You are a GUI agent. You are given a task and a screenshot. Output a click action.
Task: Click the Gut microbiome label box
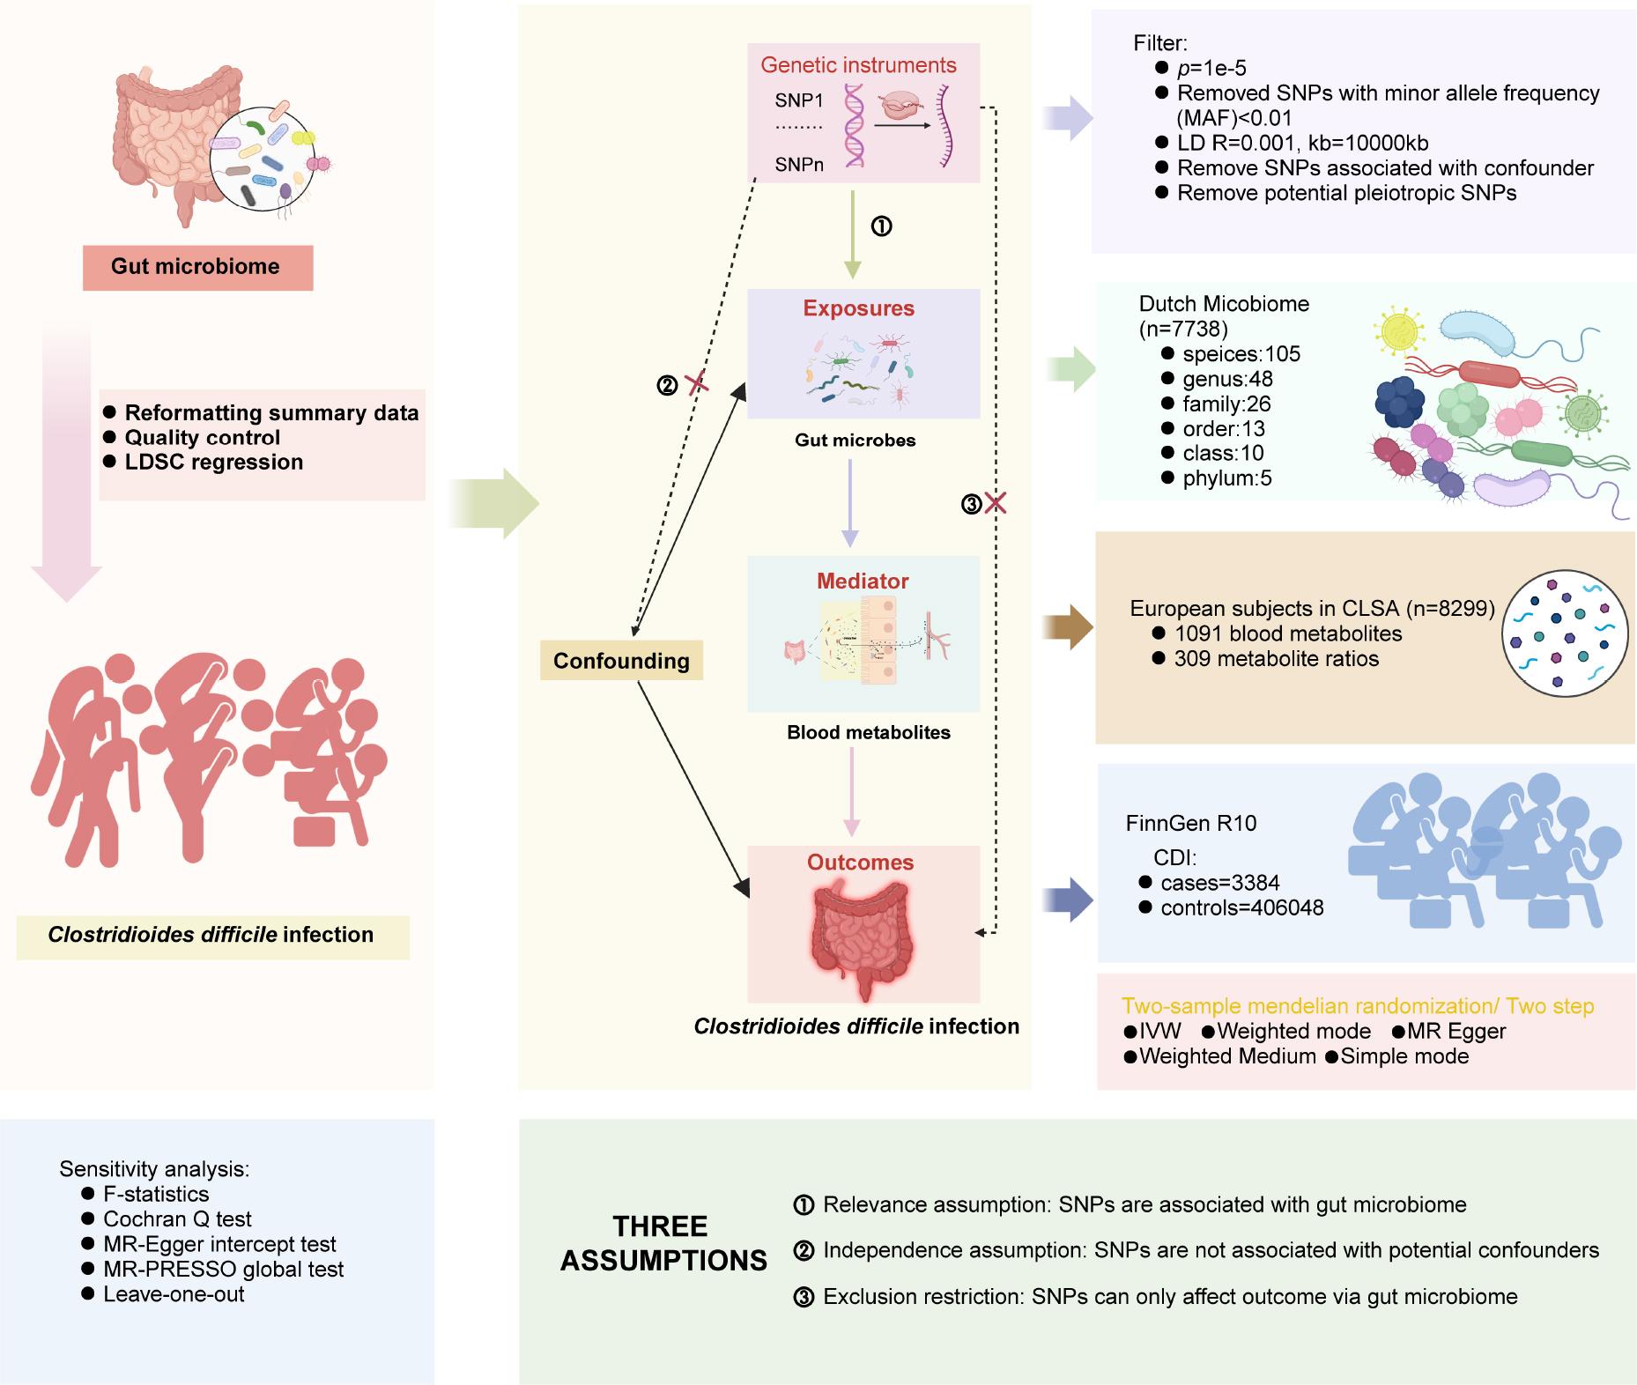197,267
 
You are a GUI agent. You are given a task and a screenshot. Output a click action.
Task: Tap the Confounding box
621,661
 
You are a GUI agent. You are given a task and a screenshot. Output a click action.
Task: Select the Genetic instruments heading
858,65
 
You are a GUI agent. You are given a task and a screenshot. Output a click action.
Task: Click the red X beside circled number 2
697,383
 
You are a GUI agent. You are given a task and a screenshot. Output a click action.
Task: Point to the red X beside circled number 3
996,504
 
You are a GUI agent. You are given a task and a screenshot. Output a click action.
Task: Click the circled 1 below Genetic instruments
881,226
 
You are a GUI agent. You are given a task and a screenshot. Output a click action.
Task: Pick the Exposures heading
858,308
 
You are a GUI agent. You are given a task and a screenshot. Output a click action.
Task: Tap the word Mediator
862,581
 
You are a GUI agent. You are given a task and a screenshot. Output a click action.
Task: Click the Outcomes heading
860,863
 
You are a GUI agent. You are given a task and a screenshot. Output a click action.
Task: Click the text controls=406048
1241,907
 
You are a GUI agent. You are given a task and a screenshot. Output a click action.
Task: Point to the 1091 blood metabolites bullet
1287,633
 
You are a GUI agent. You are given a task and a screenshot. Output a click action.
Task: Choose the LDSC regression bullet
213,463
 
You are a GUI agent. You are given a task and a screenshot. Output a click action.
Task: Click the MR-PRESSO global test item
223,1270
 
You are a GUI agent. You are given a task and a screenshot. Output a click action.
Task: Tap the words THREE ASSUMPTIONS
663,1243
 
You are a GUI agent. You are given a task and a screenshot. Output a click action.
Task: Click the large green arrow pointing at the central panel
495,504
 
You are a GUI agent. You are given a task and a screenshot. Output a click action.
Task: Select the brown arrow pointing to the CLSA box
1068,627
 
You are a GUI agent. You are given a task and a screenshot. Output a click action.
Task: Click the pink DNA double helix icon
854,125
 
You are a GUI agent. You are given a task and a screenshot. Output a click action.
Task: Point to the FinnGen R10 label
1190,824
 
